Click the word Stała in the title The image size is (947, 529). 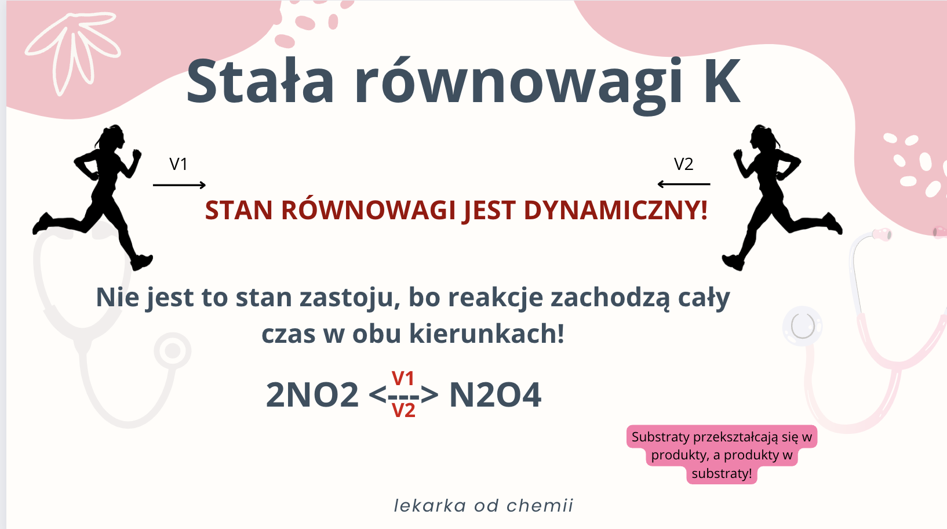pyautogui.click(x=260, y=81)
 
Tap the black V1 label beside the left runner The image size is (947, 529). pyautogui.click(x=179, y=164)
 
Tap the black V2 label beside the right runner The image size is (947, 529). pyautogui.click(x=684, y=164)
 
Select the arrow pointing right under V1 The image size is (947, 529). pyautogui.click(x=179, y=185)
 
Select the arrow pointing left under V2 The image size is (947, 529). pyautogui.click(x=684, y=184)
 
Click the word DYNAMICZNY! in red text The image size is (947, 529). pyautogui.click(x=615, y=211)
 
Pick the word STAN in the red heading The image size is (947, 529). pyautogui.click(x=239, y=211)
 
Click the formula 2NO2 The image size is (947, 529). pyautogui.click(x=312, y=395)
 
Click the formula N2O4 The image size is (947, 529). pyautogui.click(x=495, y=395)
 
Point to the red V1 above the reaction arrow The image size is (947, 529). pyautogui.click(x=403, y=378)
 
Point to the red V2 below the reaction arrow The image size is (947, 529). pyautogui.click(x=404, y=410)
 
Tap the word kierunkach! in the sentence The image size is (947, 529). pyautogui.click(x=487, y=334)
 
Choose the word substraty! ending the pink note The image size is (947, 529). pyautogui.click(x=722, y=473)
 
